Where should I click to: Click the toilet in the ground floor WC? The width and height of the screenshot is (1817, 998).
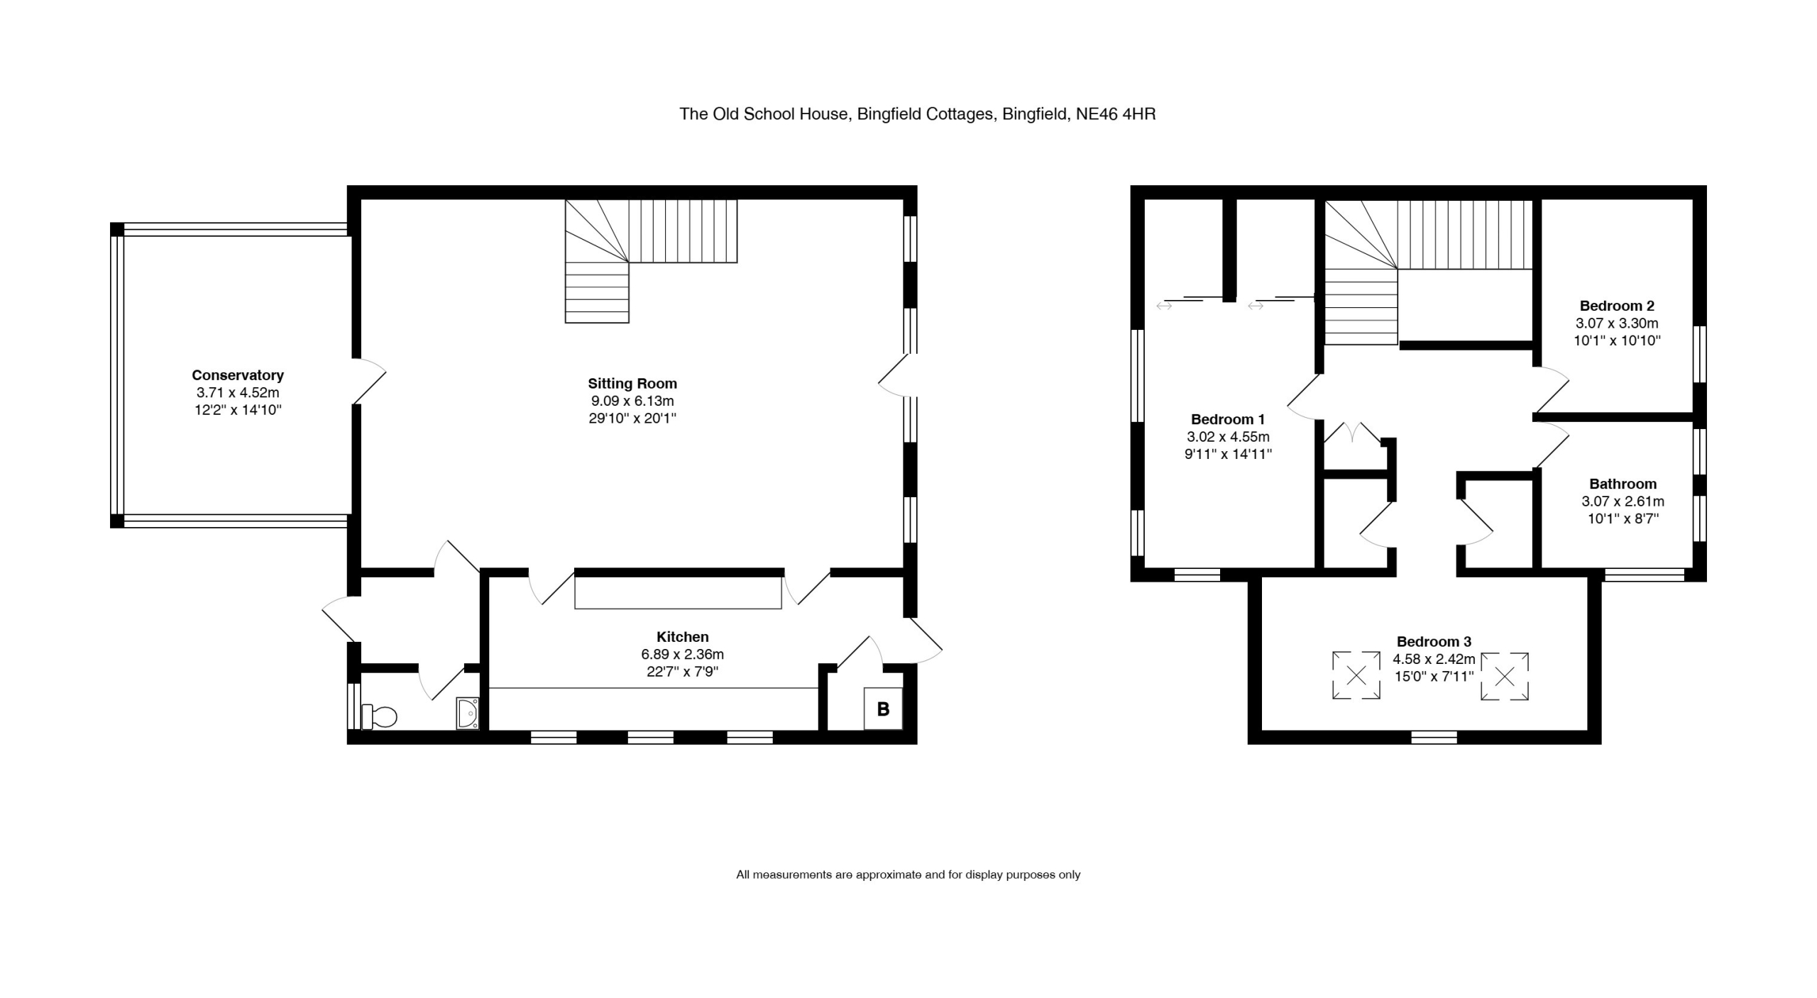click(x=379, y=716)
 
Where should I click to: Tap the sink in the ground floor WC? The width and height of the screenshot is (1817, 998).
click(x=468, y=714)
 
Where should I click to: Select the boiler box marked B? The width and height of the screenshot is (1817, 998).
click(x=883, y=709)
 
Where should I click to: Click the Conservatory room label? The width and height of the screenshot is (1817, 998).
click(x=238, y=375)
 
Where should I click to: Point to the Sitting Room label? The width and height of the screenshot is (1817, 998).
click(x=632, y=384)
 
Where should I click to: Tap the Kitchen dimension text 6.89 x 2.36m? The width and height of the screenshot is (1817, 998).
click(x=683, y=654)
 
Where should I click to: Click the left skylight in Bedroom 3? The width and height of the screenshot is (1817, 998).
click(x=1356, y=675)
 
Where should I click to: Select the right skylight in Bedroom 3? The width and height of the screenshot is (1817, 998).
click(x=1504, y=677)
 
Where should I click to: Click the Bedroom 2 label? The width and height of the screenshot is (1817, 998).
click(x=1617, y=306)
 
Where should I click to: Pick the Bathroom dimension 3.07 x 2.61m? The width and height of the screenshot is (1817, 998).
click(x=1623, y=501)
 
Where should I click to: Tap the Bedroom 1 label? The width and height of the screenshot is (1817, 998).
click(x=1228, y=419)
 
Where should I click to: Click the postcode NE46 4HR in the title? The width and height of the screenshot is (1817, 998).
click(x=1116, y=114)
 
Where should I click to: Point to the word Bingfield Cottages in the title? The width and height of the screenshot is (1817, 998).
click(x=926, y=114)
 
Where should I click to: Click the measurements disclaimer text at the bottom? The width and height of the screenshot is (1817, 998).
click(x=908, y=875)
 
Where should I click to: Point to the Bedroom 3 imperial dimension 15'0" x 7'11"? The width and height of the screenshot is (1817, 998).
click(x=1434, y=677)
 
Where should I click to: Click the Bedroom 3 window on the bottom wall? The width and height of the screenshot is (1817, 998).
click(x=1434, y=738)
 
